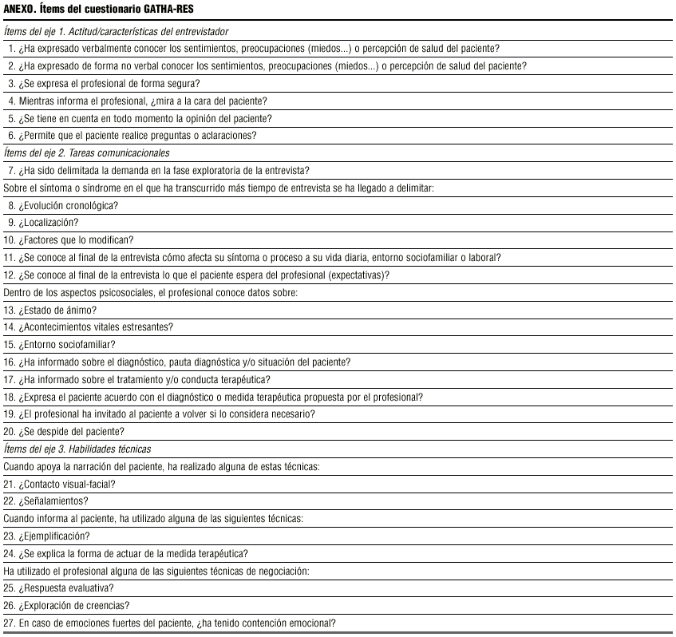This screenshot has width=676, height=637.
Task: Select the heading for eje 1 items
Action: tap(117, 31)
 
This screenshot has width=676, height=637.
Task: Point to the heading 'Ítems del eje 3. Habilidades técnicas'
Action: tap(77, 449)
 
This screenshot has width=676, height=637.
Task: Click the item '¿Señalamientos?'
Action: tap(53, 501)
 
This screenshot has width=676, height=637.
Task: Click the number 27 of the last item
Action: tap(10, 623)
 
